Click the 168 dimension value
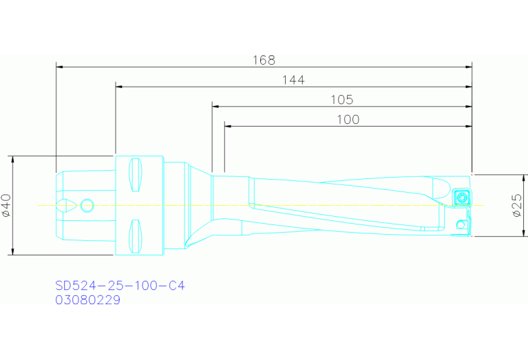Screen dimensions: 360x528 click(x=264, y=61)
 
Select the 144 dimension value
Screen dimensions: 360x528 click(x=293, y=81)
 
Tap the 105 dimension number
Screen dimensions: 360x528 click(x=341, y=100)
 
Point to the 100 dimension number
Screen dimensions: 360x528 click(x=348, y=120)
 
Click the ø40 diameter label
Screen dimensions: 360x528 click(x=7, y=205)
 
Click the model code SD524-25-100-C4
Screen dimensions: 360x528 click(x=120, y=285)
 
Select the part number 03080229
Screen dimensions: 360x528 click(x=87, y=300)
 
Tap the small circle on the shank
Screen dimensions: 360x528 click(x=87, y=205)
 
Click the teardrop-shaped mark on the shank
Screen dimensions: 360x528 click(x=67, y=205)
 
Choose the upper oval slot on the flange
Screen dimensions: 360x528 click(x=135, y=176)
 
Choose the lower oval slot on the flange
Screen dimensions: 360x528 click(x=135, y=235)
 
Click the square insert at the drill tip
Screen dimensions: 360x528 click(x=462, y=197)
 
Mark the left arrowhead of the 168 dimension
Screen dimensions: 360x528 click(x=59, y=67)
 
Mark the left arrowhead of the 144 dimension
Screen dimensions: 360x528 click(x=119, y=87)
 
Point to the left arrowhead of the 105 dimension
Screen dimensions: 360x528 click(x=215, y=107)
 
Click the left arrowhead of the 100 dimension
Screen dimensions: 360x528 click(x=228, y=127)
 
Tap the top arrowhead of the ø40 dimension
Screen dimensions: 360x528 click(x=12, y=159)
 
